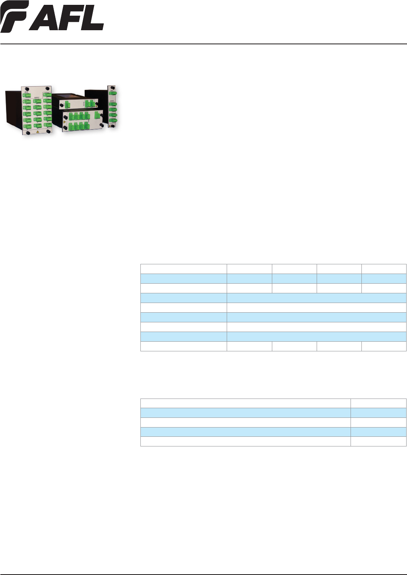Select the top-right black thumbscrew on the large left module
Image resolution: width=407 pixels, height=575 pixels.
click(x=48, y=89)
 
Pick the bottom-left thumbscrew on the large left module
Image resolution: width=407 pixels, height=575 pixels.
click(x=27, y=132)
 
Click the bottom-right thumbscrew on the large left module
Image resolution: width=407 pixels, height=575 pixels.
click(x=49, y=131)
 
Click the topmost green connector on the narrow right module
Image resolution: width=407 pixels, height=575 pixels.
click(x=113, y=95)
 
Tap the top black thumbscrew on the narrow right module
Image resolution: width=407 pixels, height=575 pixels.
click(x=113, y=87)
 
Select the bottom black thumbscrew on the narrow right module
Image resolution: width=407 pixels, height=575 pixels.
click(x=113, y=126)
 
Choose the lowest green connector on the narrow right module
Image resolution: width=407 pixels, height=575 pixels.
click(x=113, y=119)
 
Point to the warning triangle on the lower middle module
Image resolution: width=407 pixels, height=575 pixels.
click(x=65, y=121)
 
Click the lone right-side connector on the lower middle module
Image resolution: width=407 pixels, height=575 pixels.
click(x=96, y=115)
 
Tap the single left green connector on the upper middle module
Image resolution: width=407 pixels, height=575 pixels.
click(x=67, y=105)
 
